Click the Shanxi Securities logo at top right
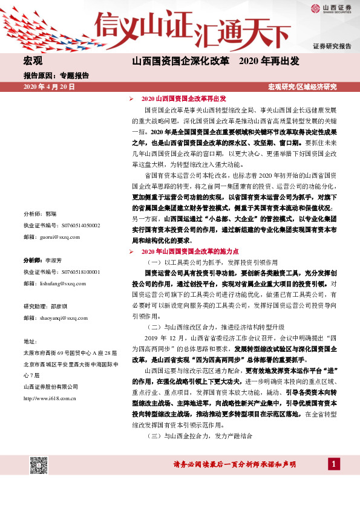point(332,8)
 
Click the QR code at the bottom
point(39,466)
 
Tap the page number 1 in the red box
point(333,464)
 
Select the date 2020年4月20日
point(48,87)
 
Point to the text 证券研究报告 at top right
point(332,46)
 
